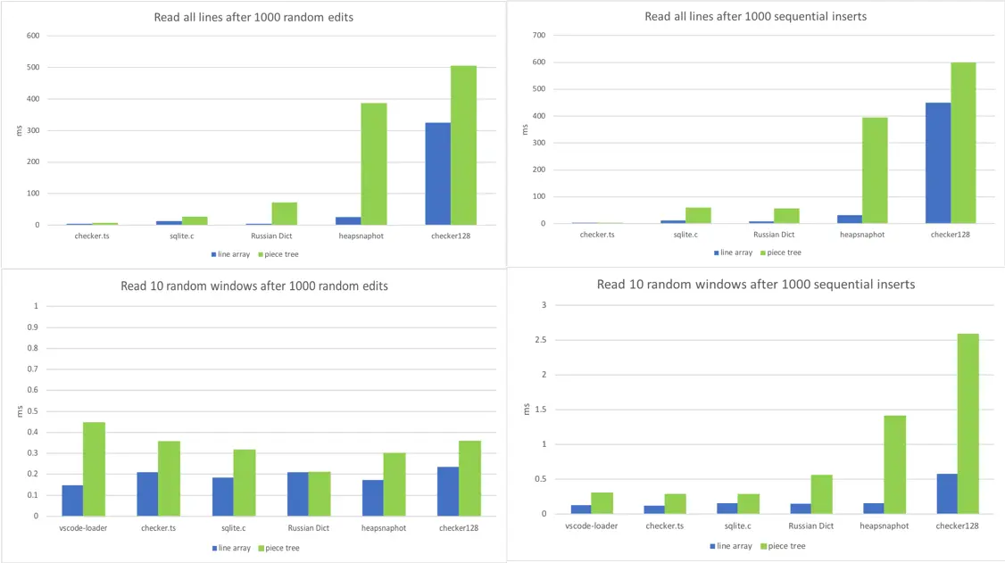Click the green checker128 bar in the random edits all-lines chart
463,145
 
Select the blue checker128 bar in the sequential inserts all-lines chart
938,162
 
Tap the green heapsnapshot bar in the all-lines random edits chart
374,164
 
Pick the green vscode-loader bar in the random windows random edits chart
95,468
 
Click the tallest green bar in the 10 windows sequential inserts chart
968,424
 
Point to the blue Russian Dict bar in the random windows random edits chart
298,493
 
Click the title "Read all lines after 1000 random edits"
253,17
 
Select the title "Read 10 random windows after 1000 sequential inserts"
756,285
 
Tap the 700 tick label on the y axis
539,35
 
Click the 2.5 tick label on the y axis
540,340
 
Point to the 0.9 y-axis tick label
32,327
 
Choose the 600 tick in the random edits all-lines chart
33,36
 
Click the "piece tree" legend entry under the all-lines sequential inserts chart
781,253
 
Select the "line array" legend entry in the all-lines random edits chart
231,254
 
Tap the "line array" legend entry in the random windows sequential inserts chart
731,546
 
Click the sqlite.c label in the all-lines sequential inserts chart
685,235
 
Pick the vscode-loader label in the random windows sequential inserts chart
592,526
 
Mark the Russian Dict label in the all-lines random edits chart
271,236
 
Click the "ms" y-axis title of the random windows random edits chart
20,411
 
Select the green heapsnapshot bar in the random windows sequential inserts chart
894,464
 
